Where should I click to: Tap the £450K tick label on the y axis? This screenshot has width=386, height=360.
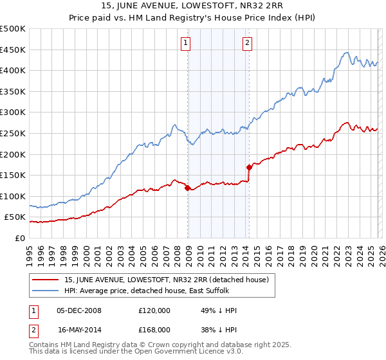pyautogui.click(x=13, y=50)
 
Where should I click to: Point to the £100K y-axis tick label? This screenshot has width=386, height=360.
pyautogui.click(x=13, y=196)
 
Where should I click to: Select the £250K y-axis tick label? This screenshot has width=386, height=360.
pyautogui.click(x=13, y=133)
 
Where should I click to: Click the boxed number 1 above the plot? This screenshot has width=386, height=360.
pyautogui.click(x=186, y=43)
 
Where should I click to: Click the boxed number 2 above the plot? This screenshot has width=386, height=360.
pyautogui.click(x=248, y=43)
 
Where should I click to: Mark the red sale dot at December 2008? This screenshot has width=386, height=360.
pyautogui.click(x=187, y=188)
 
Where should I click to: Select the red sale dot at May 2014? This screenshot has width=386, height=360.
pyautogui.click(x=249, y=167)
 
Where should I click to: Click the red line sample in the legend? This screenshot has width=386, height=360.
pyautogui.click(x=46, y=279)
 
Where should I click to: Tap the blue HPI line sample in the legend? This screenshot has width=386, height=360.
pyautogui.click(x=46, y=291)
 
